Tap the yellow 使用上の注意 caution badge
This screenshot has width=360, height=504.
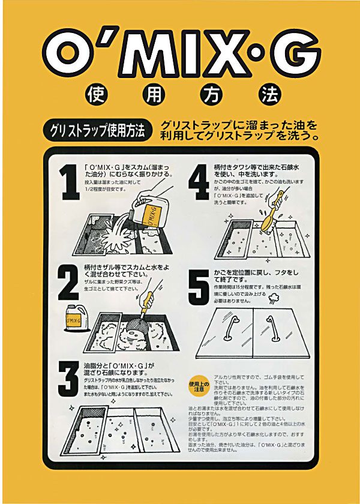point(197,386)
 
